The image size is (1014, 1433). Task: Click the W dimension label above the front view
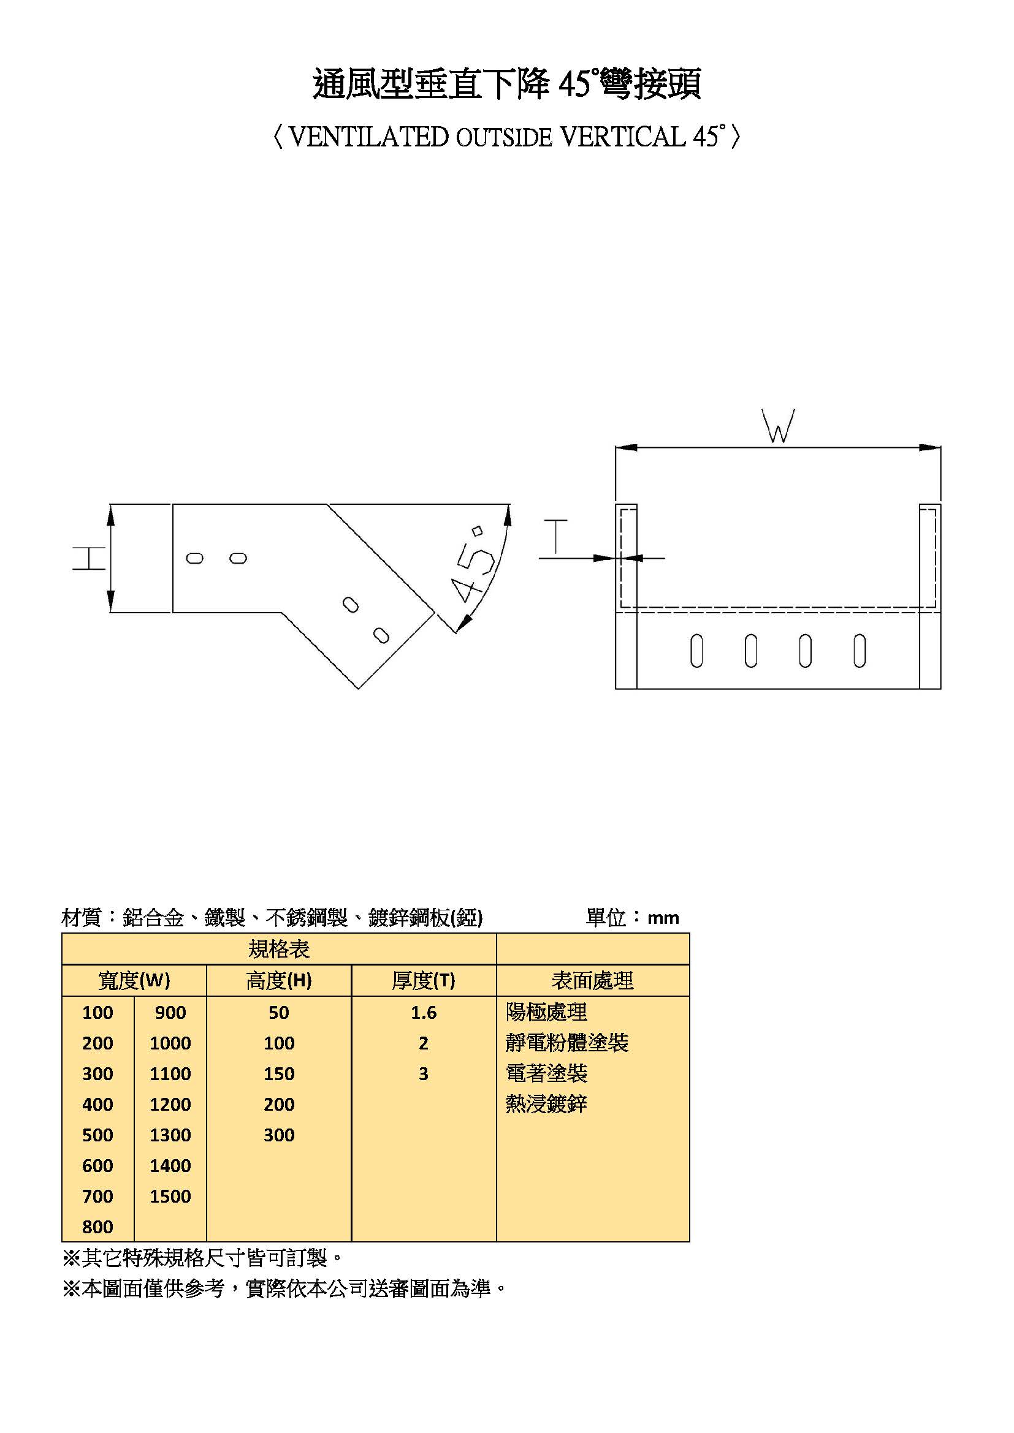click(778, 427)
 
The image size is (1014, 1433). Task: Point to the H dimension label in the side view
click(89, 558)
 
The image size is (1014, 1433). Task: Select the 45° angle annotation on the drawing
click(474, 568)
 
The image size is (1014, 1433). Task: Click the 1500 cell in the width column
click(170, 1196)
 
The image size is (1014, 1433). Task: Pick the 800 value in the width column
click(97, 1227)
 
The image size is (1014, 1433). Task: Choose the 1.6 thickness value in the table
click(424, 1012)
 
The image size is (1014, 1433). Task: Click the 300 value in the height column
click(278, 1135)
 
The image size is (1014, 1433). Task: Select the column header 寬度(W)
click(134, 981)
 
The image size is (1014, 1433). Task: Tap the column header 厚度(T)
click(424, 981)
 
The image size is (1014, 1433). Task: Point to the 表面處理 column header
click(592, 981)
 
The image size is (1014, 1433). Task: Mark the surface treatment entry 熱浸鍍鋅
click(546, 1104)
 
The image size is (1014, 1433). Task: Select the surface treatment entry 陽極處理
click(546, 1012)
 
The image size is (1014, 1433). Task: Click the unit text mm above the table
click(663, 918)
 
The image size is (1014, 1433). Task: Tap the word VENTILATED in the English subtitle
click(368, 137)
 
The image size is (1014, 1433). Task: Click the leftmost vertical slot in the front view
click(697, 651)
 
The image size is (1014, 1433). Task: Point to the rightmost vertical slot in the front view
click(860, 651)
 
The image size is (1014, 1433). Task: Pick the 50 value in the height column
click(278, 1012)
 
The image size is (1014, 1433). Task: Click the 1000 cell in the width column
click(170, 1043)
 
